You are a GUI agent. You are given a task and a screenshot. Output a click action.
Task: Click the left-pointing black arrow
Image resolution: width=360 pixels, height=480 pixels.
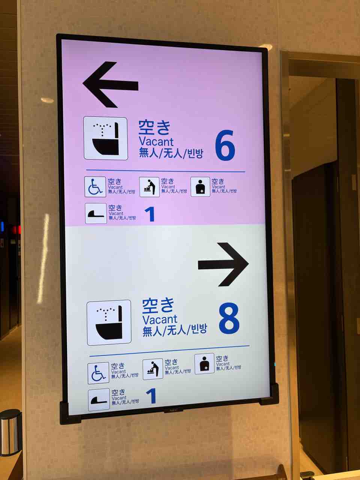point(110,85)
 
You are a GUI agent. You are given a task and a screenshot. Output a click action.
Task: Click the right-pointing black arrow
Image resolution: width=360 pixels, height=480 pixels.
point(223,264)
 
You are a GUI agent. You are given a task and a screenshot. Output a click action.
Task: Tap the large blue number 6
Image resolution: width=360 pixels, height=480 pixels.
point(225,145)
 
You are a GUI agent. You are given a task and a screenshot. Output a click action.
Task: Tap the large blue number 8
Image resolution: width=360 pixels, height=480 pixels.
point(229,318)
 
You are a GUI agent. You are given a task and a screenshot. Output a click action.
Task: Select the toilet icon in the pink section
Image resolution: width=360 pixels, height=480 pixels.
point(106,138)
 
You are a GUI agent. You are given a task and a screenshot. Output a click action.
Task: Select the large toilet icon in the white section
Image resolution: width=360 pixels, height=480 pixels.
point(109,322)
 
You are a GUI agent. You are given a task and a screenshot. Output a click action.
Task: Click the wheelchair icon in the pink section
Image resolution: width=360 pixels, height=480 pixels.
point(95,187)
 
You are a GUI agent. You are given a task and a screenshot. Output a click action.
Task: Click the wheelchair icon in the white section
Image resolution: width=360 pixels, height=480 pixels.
point(98,373)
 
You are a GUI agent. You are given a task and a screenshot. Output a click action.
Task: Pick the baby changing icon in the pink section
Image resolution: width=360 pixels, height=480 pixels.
point(149,187)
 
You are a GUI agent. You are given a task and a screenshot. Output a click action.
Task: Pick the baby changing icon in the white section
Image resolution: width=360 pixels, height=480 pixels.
point(153,369)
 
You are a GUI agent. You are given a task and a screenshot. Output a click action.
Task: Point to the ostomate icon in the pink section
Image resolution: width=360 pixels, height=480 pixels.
point(200,187)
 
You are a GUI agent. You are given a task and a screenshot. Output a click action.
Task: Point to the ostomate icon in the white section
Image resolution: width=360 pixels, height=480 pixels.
point(204,364)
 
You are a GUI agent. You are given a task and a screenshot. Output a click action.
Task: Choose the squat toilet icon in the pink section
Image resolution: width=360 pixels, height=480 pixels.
point(96,213)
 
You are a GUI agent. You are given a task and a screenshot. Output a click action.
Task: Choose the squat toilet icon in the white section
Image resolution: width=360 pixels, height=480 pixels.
point(99,399)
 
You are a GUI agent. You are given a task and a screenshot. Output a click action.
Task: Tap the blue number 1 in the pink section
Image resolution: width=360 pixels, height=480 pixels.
point(150,214)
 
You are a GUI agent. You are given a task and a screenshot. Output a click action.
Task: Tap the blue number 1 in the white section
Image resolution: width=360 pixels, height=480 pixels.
point(151,396)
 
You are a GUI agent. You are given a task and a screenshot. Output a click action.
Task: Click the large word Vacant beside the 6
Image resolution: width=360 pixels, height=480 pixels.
point(156,142)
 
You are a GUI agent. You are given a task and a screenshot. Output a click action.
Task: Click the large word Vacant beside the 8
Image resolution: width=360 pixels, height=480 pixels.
point(160,320)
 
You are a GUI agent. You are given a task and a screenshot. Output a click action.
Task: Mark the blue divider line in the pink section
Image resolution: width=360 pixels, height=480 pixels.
point(165,171)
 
